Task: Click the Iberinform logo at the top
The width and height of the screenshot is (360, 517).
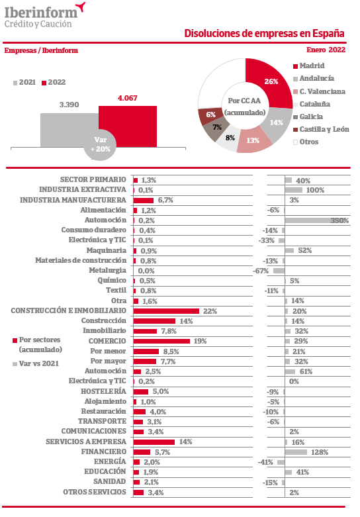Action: (44, 15)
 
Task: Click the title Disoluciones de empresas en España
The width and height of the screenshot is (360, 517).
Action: (264, 33)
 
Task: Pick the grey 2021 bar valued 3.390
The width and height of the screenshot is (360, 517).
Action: (69, 130)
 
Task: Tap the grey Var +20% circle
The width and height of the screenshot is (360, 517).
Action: (100, 145)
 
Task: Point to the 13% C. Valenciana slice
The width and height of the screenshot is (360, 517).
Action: (253, 140)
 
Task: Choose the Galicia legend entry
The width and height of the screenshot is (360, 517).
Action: (308, 117)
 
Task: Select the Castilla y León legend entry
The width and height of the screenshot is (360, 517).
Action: (321, 129)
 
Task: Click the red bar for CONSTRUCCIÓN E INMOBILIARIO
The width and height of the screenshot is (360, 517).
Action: (166, 311)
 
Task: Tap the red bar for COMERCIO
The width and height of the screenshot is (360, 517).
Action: (161, 341)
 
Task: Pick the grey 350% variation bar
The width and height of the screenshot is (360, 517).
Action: (317, 220)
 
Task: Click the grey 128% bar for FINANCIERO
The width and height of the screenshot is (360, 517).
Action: (296, 452)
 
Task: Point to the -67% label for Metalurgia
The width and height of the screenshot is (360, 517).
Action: (261, 271)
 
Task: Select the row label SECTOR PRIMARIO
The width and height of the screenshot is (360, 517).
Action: (93, 179)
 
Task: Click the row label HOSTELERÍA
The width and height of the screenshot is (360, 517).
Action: (103, 391)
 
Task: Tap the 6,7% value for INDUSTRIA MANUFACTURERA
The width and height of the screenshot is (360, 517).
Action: (165, 200)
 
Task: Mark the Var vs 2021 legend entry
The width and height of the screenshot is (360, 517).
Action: (36, 363)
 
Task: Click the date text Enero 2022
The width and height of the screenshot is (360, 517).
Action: (326, 50)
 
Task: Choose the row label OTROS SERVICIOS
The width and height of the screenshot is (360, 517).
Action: (95, 492)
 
